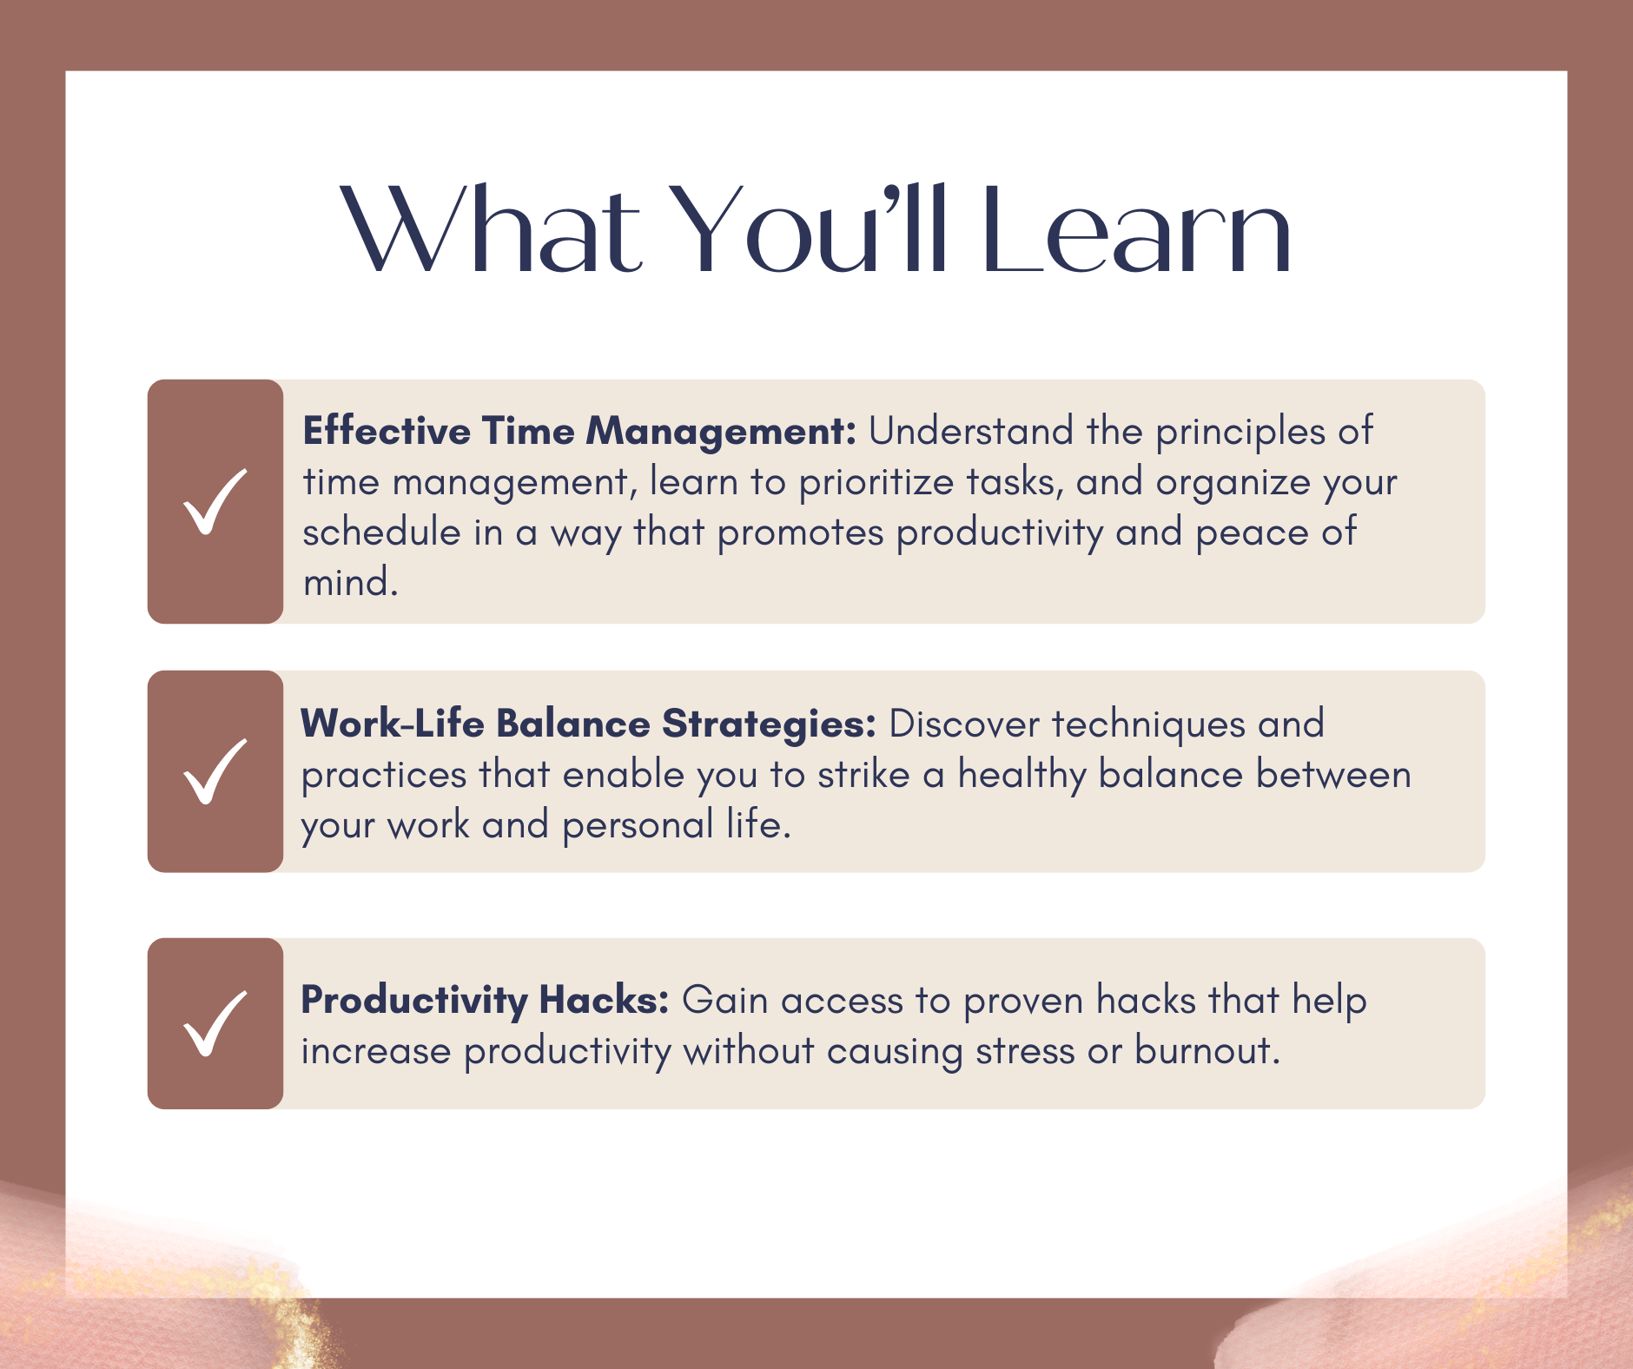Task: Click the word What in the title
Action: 490,229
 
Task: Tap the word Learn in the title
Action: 1138,229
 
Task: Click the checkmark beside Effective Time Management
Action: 215,501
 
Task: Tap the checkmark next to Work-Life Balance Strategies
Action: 215,771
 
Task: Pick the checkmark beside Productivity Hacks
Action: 215,1023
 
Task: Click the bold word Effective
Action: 387,431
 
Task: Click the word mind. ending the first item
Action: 350,582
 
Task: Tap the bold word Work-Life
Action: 392,724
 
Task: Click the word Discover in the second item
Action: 964,724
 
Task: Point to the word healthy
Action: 1021,775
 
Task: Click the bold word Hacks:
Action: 604,1000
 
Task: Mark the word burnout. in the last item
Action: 1207,1050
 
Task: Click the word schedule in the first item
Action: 381,532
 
